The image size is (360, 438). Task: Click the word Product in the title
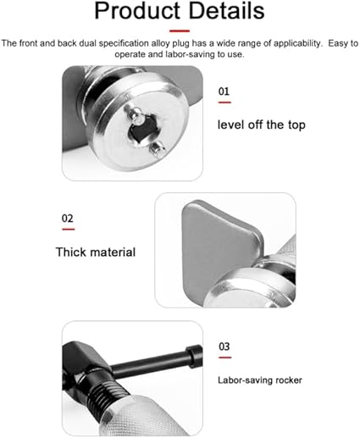[x=137, y=11]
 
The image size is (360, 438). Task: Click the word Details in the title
[x=226, y=10]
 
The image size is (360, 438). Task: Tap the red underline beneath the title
[x=180, y=30]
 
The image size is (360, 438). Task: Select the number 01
[x=224, y=91]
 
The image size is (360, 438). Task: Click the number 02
[x=68, y=219]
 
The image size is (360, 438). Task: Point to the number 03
[x=224, y=347]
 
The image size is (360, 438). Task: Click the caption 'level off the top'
[x=262, y=125]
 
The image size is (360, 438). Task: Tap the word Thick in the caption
[x=70, y=252]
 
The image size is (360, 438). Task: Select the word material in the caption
[x=113, y=252]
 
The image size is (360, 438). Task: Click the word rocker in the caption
[x=289, y=380]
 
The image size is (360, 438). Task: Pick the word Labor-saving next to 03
[x=246, y=380]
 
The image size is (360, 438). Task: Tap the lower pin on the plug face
[x=157, y=148]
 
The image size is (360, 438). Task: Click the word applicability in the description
[x=297, y=43]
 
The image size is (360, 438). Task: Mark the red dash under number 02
[x=69, y=229]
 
